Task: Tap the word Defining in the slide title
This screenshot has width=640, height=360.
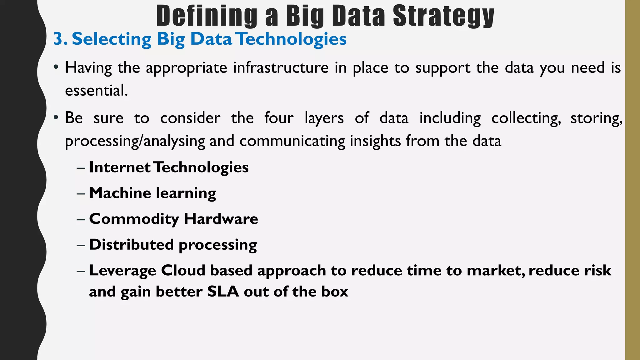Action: pos(207,16)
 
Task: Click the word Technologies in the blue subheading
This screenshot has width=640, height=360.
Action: pos(291,39)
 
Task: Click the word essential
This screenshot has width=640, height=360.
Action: pos(96,91)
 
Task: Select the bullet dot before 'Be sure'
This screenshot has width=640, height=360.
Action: pos(56,118)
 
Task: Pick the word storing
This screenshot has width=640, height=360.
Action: pos(596,119)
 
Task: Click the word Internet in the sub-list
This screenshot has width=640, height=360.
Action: pos(120,167)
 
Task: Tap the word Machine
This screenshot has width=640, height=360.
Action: pos(120,193)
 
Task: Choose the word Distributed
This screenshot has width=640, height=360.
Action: pos(131,244)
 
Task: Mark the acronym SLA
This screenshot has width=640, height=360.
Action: pos(223,292)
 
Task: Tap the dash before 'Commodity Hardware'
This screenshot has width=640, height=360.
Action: pos(81,219)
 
